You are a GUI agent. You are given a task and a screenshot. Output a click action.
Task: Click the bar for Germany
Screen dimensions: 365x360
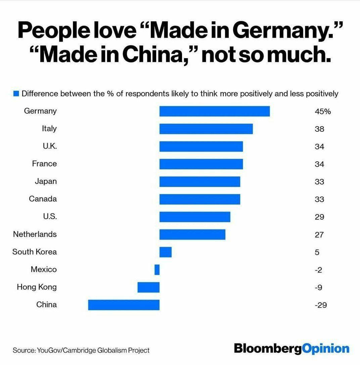[214, 111]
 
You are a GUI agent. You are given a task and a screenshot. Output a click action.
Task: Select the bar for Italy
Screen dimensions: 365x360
[206, 129]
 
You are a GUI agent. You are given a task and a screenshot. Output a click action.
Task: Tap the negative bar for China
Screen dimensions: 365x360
[124, 305]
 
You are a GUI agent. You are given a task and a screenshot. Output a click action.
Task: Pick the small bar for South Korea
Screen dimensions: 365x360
[165, 252]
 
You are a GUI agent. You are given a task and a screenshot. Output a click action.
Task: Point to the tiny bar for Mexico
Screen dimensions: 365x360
[157, 270]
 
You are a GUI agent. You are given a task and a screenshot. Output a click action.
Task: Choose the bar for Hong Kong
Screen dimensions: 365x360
[148, 287]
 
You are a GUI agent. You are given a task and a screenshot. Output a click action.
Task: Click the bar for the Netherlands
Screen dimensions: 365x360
[192, 234]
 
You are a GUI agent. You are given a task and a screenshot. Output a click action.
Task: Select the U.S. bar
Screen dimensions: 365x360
[195, 217]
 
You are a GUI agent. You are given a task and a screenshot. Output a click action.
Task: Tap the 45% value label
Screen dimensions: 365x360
[323, 111]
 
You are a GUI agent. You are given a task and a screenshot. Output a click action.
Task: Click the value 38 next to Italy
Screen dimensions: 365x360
[319, 129]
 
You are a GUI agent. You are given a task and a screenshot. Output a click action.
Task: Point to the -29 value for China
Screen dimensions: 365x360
[321, 305]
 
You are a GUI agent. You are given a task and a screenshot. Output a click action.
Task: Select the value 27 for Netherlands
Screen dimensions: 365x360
[319, 235]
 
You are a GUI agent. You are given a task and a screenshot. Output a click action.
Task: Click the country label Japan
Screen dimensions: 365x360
[46, 181]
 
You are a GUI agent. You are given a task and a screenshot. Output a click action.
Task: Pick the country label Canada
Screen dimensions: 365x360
[43, 199]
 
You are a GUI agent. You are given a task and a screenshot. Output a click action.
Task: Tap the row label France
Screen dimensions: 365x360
[44, 164]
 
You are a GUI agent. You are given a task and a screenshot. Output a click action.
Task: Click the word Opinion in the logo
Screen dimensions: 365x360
[326, 348]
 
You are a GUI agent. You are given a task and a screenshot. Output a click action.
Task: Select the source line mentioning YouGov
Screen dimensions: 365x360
[81, 350]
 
